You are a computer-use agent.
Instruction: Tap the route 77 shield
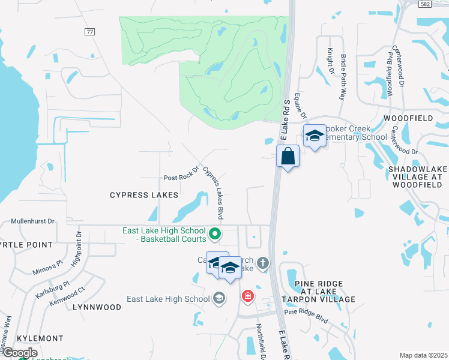point(91,32)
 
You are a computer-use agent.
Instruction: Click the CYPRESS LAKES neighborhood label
point(144,195)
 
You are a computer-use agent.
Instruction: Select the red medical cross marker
point(247,296)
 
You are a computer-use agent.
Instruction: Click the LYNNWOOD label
point(97,307)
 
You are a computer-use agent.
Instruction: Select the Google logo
point(19,353)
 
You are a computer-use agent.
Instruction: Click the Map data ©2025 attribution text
point(423,355)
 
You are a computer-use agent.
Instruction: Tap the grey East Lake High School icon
point(220,298)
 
